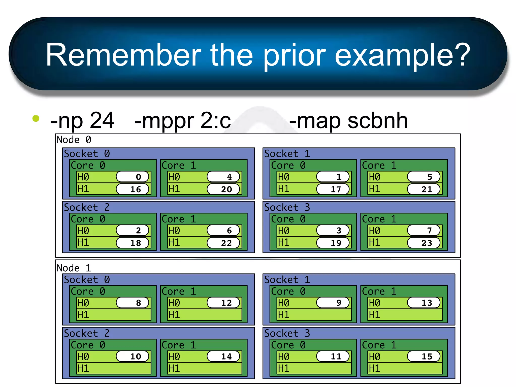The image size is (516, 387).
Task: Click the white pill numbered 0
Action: pos(133,177)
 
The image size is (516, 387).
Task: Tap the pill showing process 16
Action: pos(133,189)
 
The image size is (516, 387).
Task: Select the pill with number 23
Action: pos(424,243)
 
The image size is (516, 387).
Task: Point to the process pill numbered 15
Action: pos(424,357)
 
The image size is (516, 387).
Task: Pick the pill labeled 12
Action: pos(223,303)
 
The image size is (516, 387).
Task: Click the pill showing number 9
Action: pos(333,303)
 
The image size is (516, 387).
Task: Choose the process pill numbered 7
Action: pos(424,230)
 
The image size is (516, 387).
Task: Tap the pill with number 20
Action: pos(223,189)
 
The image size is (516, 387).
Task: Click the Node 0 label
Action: pos(74,140)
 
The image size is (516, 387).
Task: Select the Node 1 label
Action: pos(74,268)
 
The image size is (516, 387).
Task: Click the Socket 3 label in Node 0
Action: pos(287,207)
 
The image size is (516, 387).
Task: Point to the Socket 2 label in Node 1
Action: pos(87,333)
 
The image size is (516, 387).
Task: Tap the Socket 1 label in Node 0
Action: pos(287,154)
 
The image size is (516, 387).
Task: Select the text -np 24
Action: pos(82,121)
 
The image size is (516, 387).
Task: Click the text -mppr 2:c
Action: pos(183,121)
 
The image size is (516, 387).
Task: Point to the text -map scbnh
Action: pos(348,121)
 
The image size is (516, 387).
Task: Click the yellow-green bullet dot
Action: pos(36,118)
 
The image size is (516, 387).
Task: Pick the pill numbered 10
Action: pos(133,357)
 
